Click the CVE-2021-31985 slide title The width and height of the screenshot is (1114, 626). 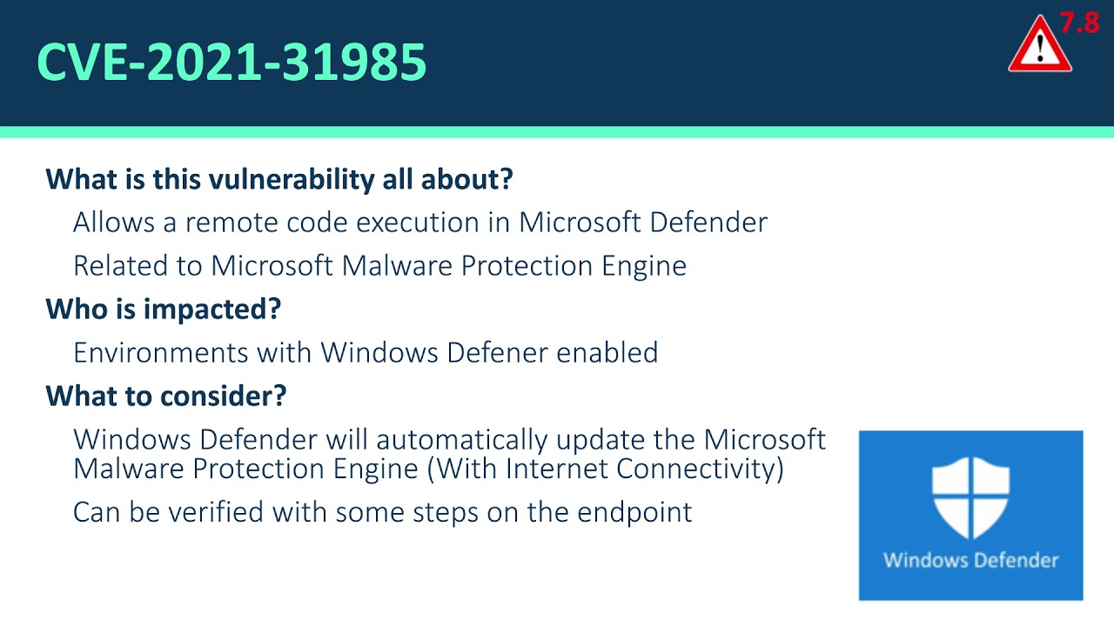point(232,63)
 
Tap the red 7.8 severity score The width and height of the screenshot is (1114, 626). point(1079,23)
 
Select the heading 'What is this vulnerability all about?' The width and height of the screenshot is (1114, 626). point(279,179)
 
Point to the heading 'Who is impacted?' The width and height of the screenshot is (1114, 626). point(164,309)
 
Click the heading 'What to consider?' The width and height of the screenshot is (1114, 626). point(166,396)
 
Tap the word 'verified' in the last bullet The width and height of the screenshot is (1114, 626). point(217,512)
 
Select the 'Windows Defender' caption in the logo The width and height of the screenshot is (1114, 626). point(970,560)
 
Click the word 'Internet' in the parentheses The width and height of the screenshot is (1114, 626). point(557,469)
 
